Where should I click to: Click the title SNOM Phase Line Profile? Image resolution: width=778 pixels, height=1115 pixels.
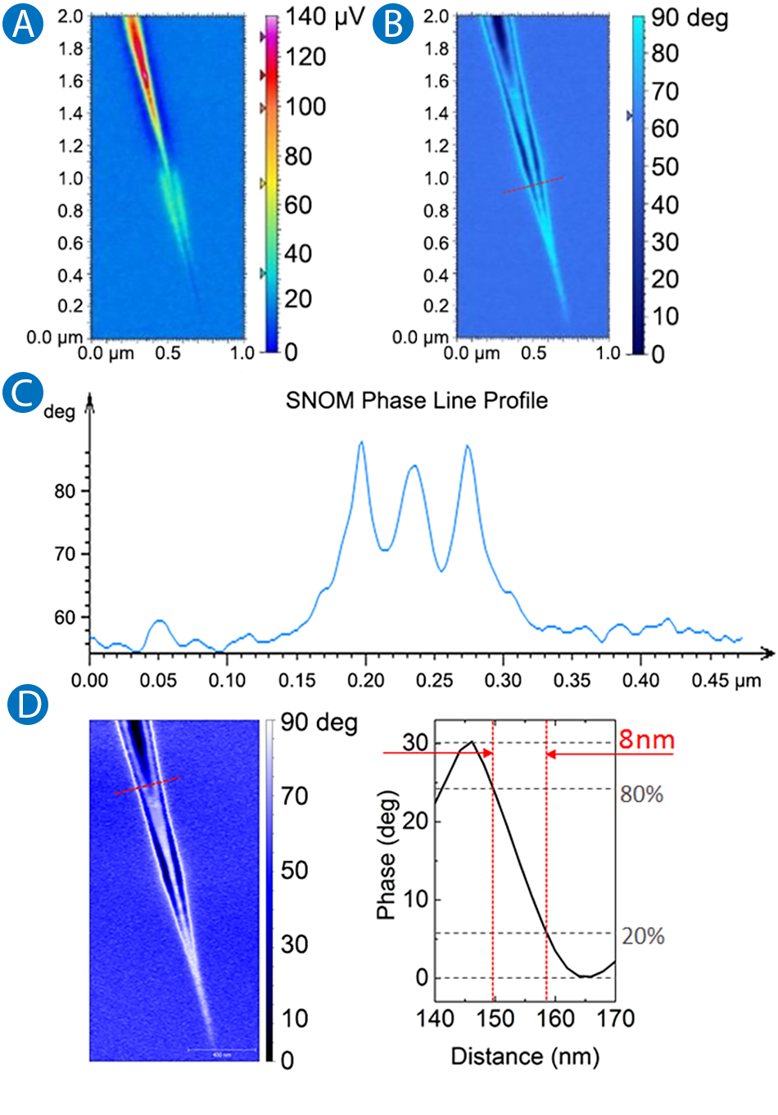click(x=416, y=401)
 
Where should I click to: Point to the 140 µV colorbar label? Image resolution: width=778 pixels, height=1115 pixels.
click(x=324, y=16)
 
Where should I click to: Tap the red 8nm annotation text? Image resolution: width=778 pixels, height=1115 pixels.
click(x=646, y=740)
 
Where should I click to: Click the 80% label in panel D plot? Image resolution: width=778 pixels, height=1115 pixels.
click(x=641, y=794)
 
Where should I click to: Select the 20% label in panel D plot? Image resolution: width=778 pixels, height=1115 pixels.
click(x=642, y=936)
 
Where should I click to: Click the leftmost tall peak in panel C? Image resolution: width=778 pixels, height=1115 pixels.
click(x=361, y=443)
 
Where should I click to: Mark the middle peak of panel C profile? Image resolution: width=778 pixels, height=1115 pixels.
click(x=414, y=466)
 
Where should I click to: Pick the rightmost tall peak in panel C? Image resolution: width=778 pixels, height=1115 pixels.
click(x=468, y=447)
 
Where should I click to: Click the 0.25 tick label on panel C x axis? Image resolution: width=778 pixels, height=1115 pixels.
click(x=434, y=681)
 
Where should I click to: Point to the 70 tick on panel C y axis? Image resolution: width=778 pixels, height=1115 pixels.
click(x=65, y=554)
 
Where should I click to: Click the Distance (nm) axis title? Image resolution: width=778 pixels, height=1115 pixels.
click(x=525, y=1056)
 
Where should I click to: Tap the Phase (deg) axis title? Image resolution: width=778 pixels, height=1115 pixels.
click(x=387, y=854)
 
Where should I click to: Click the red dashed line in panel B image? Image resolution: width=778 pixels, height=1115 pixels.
click(x=532, y=185)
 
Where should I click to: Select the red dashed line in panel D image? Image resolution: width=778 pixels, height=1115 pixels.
click(x=147, y=786)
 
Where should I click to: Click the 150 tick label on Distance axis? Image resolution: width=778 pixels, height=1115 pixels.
click(x=495, y=1018)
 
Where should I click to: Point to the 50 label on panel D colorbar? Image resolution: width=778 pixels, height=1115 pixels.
click(x=295, y=869)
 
